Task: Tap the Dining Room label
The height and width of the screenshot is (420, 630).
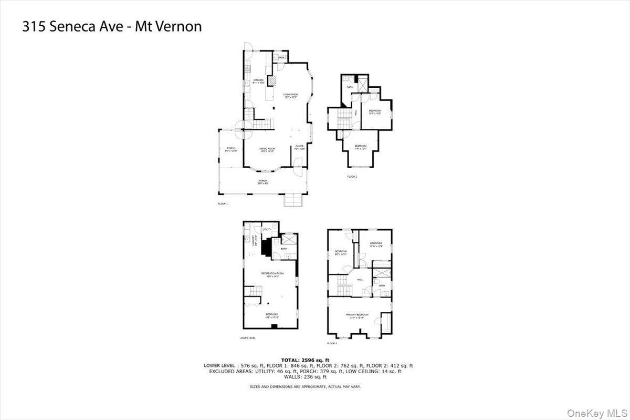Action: coord(267,149)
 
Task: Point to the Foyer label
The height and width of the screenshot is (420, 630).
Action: coord(299,147)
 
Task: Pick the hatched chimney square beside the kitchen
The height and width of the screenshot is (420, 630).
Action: coord(272,80)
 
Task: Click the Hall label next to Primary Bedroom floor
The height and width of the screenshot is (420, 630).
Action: coord(360,280)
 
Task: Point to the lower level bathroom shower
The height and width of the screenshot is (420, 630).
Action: coord(289,239)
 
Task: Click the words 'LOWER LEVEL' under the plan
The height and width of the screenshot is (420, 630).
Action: coord(247,338)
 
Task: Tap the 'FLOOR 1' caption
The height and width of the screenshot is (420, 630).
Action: coord(223,203)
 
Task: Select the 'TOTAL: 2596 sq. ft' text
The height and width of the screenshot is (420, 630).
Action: coord(308,360)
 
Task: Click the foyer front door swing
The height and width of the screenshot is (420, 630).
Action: coord(297,171)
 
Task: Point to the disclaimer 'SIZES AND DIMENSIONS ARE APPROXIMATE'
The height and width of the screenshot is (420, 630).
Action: coord(304,386)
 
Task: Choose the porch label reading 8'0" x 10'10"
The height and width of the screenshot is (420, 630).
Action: coord(231,149)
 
